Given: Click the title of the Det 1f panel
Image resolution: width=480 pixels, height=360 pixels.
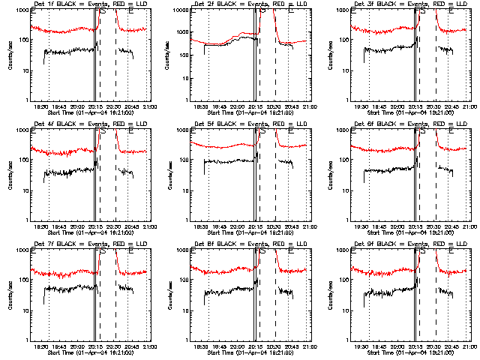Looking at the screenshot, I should (90, 4).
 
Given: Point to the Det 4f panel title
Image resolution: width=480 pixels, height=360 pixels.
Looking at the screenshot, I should (90, 124).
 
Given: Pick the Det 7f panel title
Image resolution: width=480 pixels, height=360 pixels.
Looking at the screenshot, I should (90, 244).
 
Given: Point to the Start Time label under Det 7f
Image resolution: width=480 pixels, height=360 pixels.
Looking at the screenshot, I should (90, 352).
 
